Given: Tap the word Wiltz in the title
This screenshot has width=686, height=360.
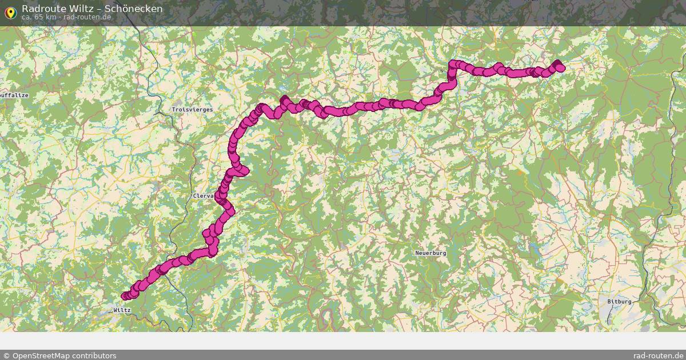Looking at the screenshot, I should click(x=83, y=9).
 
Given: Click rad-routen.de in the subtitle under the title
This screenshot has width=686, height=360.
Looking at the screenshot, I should click(x=87, y=17).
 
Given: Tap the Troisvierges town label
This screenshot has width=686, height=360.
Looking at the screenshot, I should click(x=192, y=109).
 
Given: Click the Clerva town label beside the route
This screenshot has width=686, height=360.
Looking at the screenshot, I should click(x=203, y=196).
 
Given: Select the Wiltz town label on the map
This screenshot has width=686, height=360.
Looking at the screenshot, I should click(x=122, y=310).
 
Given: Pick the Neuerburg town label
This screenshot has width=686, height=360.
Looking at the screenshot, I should click(x=430, y=253).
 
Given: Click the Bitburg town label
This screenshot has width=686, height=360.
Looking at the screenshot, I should click(x=619, y=301).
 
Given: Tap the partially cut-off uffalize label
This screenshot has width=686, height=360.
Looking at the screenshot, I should click(x=14, y=95).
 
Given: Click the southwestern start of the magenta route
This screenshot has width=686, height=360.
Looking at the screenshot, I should click(x=125, y=295).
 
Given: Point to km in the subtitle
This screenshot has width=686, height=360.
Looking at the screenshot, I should click(x=50, y=17).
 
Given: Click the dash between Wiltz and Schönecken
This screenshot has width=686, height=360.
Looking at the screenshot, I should click(x=100, y=9).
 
